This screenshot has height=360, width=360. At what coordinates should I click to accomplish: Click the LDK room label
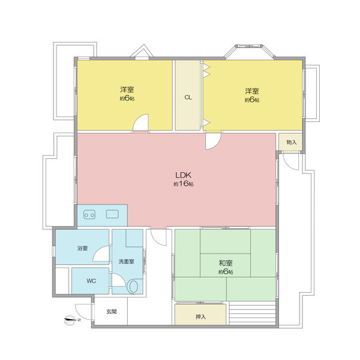[183, 175]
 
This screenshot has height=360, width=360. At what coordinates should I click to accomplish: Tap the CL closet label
[188, 97]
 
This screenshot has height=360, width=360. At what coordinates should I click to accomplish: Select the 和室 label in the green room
[226, 263]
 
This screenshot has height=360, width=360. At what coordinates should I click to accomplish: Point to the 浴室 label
[82, 248]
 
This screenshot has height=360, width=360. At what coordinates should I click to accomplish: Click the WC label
[91, 281]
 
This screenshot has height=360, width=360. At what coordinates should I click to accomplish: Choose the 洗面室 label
[127, 262]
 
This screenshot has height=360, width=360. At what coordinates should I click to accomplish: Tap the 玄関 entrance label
[112, 311]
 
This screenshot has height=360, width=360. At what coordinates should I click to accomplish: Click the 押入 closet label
[200, 317]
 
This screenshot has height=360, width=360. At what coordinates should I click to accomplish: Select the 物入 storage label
[292, 142]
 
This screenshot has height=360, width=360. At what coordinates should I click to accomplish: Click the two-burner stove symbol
[89, 215]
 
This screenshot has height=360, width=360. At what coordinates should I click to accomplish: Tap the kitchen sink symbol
[112, 214]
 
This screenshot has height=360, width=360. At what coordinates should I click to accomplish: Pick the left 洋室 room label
[127, 89]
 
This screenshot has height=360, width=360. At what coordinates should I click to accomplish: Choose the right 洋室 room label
[252, 91]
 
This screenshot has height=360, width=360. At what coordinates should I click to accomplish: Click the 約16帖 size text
[183, 184]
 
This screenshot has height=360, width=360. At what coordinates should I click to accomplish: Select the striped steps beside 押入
[253, 313]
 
